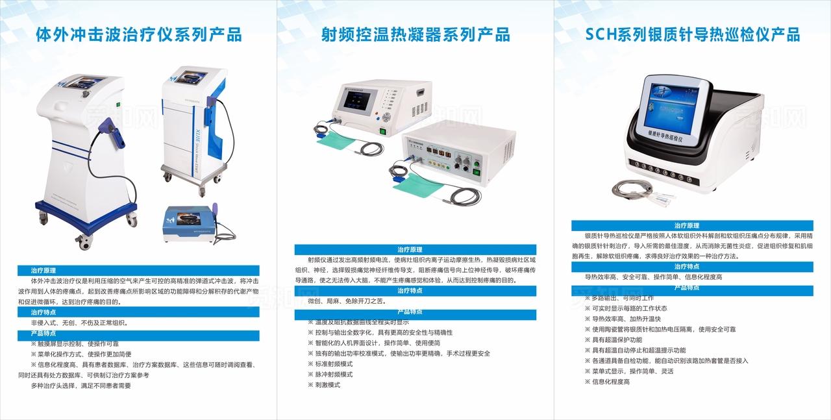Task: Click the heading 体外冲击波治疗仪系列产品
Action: tap(139, 34)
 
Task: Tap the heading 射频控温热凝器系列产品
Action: tap(415, 34)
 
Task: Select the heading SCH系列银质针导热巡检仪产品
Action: tap(692, 34)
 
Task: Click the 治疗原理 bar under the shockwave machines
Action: tap(138, 270)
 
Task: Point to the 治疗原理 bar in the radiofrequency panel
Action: tap(415, 249)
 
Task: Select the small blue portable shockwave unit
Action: tap(190, 224)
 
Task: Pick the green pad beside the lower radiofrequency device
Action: tap(415, 184)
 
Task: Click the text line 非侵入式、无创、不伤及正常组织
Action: tap(79, 323)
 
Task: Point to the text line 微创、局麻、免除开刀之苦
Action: tap(346, 301)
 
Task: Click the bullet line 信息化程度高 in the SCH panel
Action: tap(610, 382)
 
